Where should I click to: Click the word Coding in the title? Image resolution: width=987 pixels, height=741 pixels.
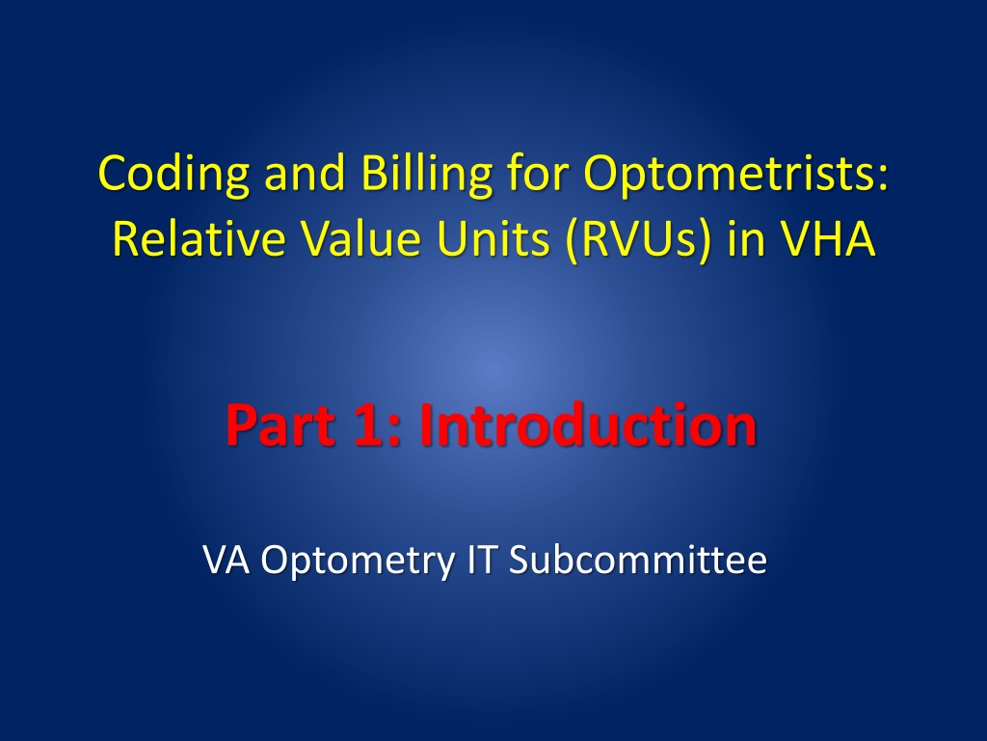173,175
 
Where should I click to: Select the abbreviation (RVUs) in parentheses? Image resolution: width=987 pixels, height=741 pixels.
638,239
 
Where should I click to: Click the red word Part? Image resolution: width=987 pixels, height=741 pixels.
280,425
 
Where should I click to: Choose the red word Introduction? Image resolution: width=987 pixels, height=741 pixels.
587,425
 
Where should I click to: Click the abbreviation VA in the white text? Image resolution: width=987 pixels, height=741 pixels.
226,559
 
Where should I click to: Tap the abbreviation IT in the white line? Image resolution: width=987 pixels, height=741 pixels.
483,559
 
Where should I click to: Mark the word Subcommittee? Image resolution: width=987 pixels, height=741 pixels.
638,559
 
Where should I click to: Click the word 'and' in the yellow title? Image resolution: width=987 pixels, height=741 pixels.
305,174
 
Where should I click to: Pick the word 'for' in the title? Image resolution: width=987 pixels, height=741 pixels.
537,174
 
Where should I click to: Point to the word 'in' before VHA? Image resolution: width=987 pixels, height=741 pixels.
745,238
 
